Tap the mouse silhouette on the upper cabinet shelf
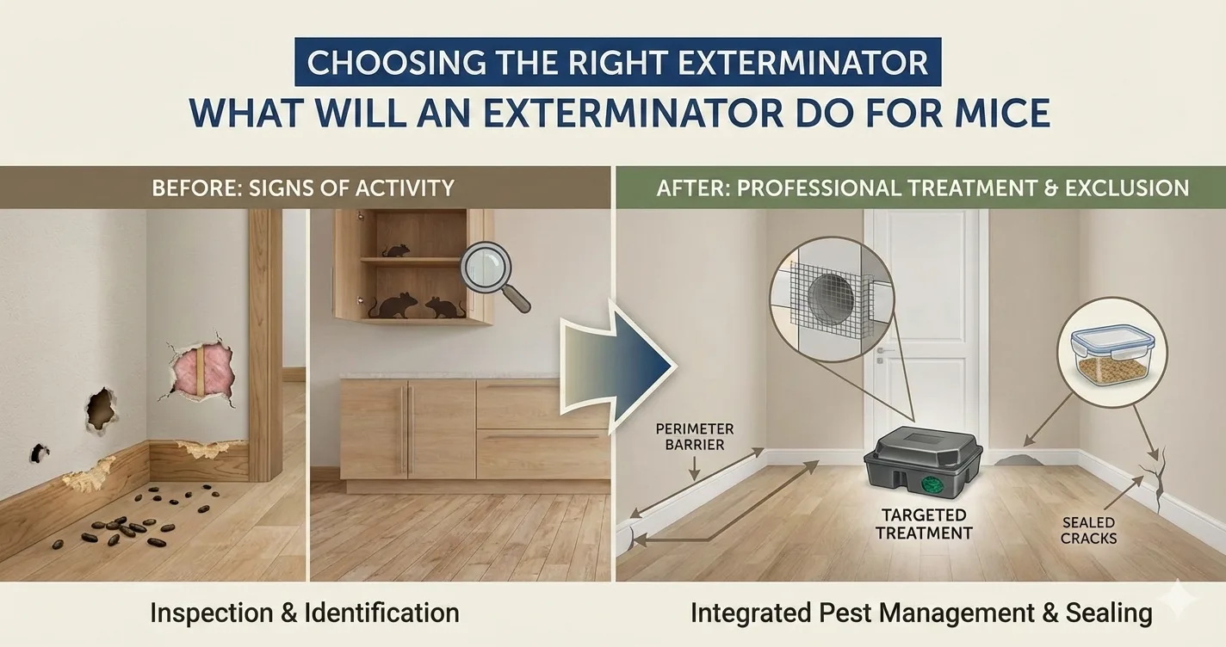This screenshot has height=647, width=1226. (x=396, y=250)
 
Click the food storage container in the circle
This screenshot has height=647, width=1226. (x=1112, y=354)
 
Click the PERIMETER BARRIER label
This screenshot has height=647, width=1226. (x=695, y=436)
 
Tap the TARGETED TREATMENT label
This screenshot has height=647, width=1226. (x=924, y=524)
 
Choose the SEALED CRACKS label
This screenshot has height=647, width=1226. (x=1088, y=530)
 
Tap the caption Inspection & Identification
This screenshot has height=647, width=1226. (x=304, y=613)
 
